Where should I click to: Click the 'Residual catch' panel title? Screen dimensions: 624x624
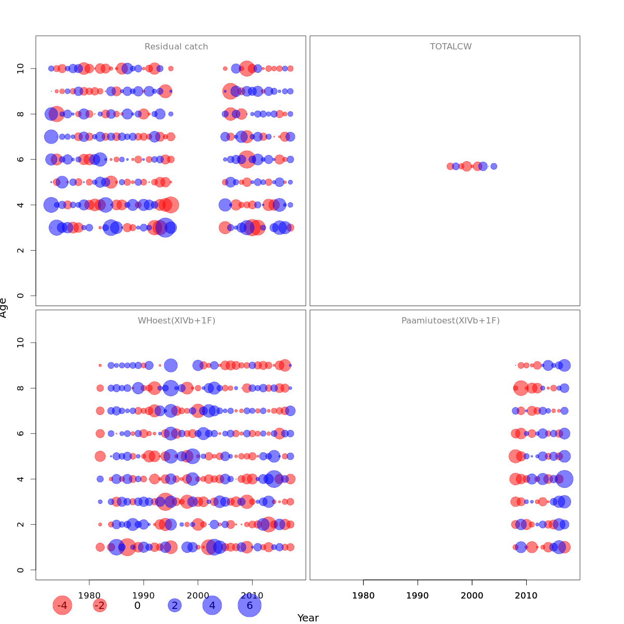[x=176, y=47]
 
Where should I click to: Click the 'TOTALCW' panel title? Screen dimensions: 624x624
[x=451, y=47]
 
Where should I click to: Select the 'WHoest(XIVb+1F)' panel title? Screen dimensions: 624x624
[x=176, y=321]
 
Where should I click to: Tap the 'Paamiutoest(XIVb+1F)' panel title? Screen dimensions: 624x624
[x=450, y=321]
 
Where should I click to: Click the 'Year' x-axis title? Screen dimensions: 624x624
[x=308, y=618]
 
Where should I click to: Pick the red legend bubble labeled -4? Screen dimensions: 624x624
[x=62, y=605]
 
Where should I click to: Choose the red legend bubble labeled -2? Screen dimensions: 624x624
[x=99, y=605]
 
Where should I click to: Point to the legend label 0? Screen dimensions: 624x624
[x=137, y=605]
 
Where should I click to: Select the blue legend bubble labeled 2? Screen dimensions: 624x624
[x=175, y=605]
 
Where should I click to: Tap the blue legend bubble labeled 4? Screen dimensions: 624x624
[x=212, y=605]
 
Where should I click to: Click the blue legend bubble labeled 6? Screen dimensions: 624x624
[x=250, y=605]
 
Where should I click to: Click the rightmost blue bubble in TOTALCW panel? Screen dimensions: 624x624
[x=493, y=166]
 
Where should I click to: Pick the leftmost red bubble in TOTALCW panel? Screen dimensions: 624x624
[x=450, y=166]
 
